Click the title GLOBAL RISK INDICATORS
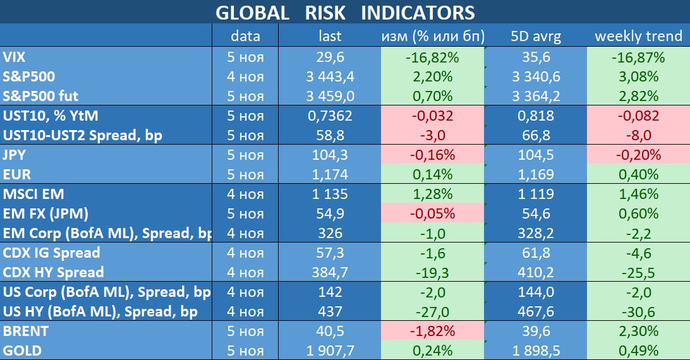(x=344, y=12)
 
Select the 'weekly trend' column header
(x=638, y=36)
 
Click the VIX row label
(x=15, y=57)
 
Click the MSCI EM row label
(x=33, y=194)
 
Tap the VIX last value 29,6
(x=330, y=57)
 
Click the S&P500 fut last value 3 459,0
(x=330, y=97)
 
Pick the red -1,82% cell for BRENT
(x=432, y=330)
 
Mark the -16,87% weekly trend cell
(x=638, y=57)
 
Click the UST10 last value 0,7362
(x=330, y=116)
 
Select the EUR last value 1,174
(x=330, y=174)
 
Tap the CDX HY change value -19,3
(x=432, y=272)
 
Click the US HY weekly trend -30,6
(x=638, y=311)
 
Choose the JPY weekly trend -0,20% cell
(x=638, y=155)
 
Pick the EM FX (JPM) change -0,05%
(x=432, y=213)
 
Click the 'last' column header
(x=330, y=36)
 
